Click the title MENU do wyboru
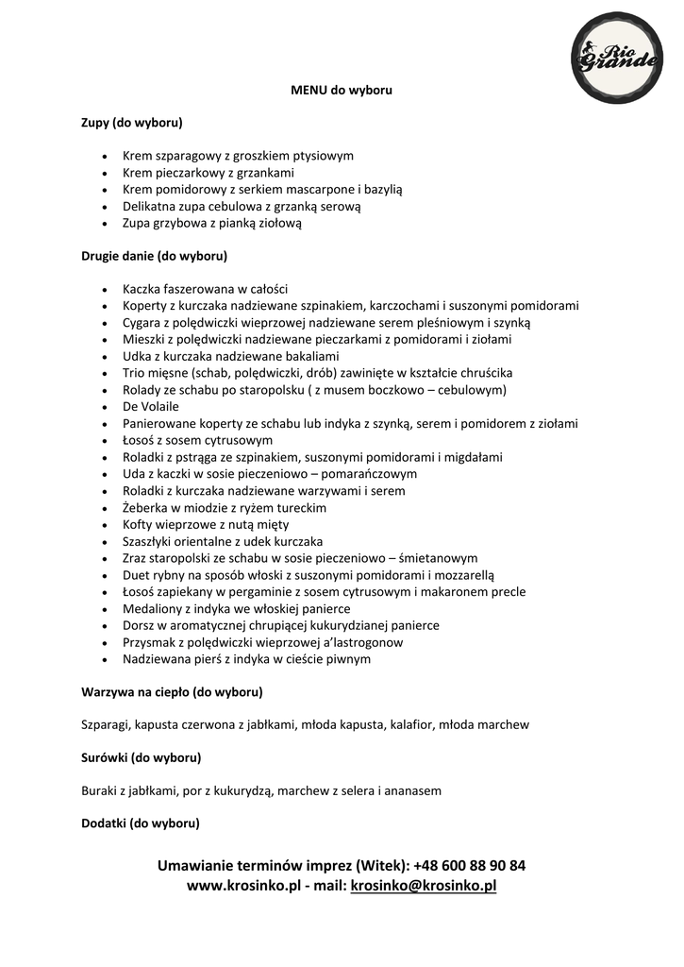coord(341,91)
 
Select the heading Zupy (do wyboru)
coord(131,123)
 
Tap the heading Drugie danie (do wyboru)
coord(154,256)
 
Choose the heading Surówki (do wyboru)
coord(142,757)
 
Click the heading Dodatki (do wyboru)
coord(141,823)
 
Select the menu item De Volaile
coord(151,406)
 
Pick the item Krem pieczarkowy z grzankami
coord(209,173)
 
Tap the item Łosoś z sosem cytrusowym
coord(197,440)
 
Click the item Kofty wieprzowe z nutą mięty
coord(206,524)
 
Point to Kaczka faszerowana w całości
coord(205,289)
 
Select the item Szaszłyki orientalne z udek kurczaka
coord(223,541)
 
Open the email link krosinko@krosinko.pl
coord(424,886)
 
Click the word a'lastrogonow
coord(360,642)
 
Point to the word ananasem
coord(414,790)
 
